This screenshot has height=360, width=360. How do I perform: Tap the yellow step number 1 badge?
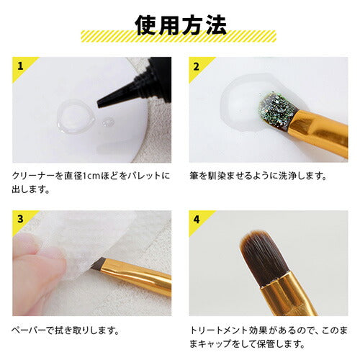point(19,66)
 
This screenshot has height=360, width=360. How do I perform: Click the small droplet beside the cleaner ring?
point(108,122)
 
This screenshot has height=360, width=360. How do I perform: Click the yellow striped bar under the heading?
point(180,36)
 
